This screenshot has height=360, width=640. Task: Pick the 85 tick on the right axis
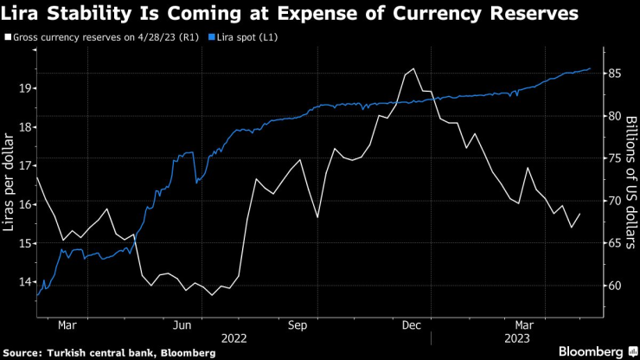613,74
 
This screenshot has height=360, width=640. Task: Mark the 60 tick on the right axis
613,286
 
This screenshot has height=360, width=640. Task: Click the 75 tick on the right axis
613,158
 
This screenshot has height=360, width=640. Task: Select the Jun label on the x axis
182,325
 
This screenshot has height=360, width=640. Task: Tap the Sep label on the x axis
298,325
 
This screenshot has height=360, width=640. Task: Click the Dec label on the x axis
412,325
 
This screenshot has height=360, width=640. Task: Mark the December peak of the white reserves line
413,69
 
